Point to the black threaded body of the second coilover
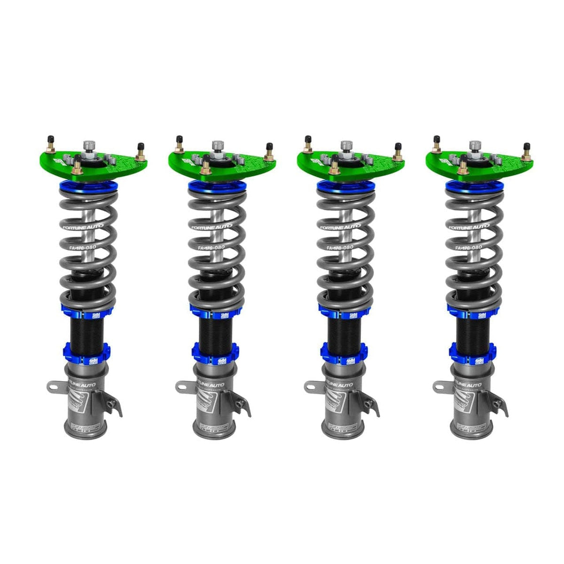coord(214,329)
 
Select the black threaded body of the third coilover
coord(343,329)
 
